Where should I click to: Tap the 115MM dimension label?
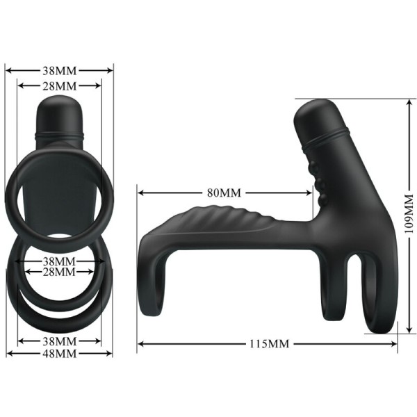(269, 343)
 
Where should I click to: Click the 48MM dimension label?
(59, 354)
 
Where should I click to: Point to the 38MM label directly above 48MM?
(59, 342)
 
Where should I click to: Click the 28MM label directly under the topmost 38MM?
(59, 85)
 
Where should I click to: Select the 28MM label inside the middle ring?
(59, 272)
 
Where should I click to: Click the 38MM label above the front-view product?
(59, 70)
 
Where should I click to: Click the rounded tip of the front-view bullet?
(59, 104)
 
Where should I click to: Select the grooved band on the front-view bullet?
(59, 131)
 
